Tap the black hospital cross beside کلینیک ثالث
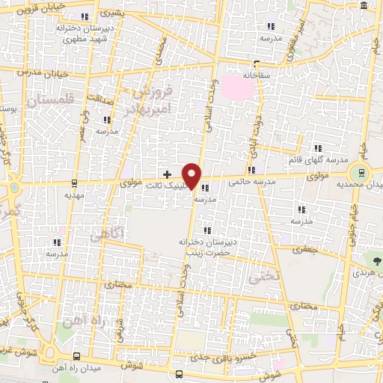[167, 174]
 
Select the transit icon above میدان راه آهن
[77, 356]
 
